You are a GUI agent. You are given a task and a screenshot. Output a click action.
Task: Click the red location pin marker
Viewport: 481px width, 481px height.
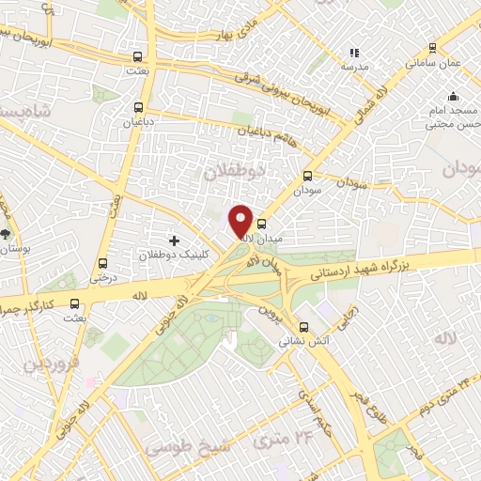(x=241, y=221)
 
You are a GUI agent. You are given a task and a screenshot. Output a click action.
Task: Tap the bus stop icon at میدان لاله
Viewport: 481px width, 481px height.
(x=261, y=225)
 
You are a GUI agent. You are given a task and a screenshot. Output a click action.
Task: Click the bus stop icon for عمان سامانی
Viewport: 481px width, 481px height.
(x=432, y=47)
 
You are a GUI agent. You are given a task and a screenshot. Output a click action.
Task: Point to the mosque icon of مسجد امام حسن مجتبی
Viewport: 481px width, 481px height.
(x=454, y=96)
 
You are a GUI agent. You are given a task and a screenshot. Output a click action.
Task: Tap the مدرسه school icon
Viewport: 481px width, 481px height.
(x=354, y=54)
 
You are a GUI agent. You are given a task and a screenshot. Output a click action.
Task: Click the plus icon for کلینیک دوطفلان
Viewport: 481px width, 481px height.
(x=174, y=240)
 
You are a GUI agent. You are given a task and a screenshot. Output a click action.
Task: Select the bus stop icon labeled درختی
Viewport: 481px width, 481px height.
(x=102, y=264)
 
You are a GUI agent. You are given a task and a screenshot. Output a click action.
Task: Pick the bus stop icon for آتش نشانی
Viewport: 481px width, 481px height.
(x=303, y=330)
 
